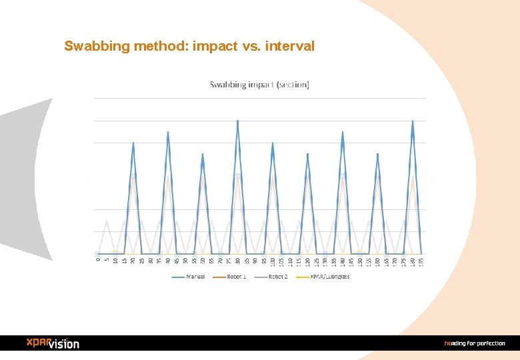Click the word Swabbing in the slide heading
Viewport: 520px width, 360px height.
pyautogui.click(x=93, y=47)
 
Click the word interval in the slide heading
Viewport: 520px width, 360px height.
pyautogui.click(x=289, y=47)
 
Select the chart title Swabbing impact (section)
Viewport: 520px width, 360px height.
pyautogui.click(x=259, y=85)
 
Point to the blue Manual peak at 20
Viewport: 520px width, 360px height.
pyautogui.click(x=133, y=143)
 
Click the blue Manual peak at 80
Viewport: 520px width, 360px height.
pyautogui.click(x=237, y=121)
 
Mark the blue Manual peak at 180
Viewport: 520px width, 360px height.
pyautogui.click(x=413, y=121)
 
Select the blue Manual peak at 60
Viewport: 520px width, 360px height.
pyautogui.click(x=203, y=154)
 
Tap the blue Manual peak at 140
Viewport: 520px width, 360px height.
pyautogui.click(x=343, y=132)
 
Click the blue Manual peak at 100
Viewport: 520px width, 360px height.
pyautogui.click(x=273, y=143)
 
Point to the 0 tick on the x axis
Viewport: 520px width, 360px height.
pyautogui.click(x=98, y=260)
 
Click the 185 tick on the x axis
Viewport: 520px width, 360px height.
pyautogui.click(x=421, y=261)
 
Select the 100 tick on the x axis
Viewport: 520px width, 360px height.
pyautogui.click(x=273, y=261)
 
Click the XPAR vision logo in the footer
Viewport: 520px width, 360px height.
pyautogui.click(x=53, y=343)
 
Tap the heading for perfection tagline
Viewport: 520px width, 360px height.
pyautogui.click(x=475, y=343)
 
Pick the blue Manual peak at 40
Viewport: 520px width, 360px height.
pyautogui.click(x=168, y=132)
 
